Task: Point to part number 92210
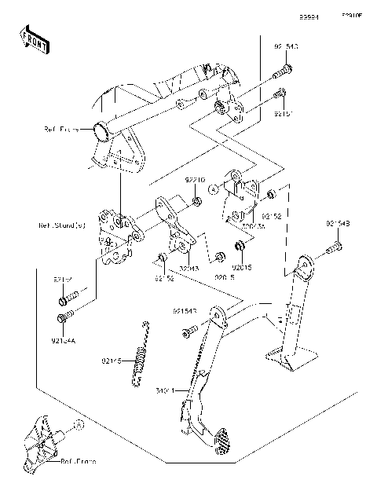(195, 180)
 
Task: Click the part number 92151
(284, 114)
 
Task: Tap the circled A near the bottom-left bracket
(79, 425)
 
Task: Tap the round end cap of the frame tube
(100, 129)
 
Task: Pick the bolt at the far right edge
(333, 249)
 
